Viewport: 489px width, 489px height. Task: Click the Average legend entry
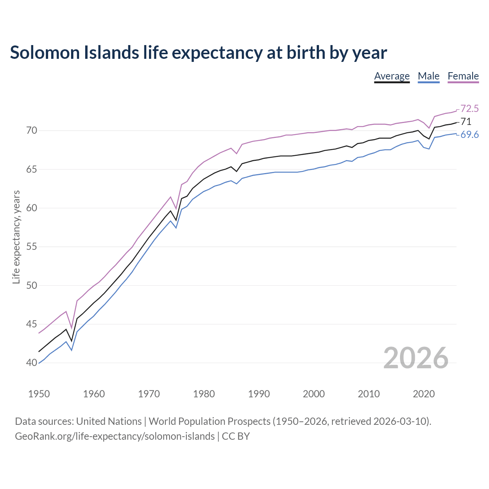392,76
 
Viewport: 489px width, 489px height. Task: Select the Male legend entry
429,76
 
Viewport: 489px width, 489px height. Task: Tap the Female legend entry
463,76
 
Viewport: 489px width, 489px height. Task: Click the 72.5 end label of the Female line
470,108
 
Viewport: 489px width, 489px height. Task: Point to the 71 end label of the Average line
466,121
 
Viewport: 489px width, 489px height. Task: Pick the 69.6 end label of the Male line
470,134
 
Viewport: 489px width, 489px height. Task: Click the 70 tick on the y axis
31,131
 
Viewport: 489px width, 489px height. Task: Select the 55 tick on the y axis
31,247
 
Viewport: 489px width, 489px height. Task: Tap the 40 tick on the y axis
31,363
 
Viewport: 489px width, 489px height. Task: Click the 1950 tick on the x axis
39,394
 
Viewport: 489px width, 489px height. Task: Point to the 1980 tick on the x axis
204,394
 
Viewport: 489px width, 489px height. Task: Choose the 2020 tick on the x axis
424,394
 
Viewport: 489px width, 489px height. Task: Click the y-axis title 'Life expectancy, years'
16,237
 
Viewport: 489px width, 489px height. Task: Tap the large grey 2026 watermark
416,358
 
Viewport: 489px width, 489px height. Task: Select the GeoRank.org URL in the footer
115,436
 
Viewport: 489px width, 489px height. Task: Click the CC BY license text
236,436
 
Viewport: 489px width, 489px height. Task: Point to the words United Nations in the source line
109,421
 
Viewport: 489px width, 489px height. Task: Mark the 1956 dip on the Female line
71,328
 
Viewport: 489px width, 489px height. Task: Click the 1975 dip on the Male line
176,228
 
